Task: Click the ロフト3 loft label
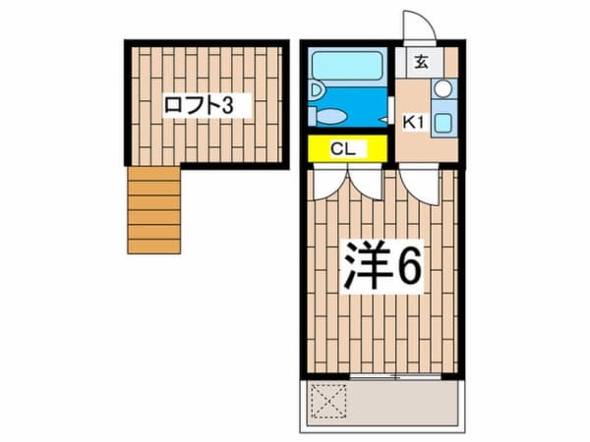(200, 105)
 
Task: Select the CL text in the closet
(343, 149)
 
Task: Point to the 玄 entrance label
(421, 62)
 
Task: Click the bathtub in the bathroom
(347, 66)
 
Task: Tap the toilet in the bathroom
(328, 116)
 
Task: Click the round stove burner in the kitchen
(443, 88)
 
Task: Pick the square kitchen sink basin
(444, 123)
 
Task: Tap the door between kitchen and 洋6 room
(420, 185)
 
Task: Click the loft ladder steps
(154, 210)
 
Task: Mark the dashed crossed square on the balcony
(328, 401)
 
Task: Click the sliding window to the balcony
(395, 376)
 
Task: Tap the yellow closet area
(347, 149)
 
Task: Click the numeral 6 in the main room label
(408, 266)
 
